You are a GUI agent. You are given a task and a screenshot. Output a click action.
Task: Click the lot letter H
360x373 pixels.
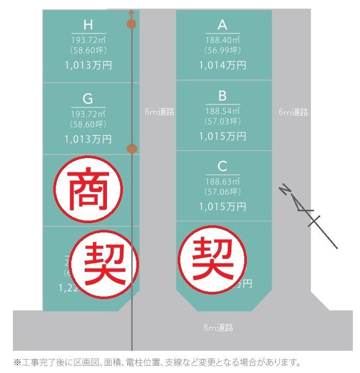[88, 24]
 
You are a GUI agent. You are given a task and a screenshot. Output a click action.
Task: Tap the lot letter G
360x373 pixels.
[88, 99]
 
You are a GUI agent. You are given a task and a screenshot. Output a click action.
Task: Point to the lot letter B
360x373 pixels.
[223, 96]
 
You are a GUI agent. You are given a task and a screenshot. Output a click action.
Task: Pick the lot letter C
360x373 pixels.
[223, 166]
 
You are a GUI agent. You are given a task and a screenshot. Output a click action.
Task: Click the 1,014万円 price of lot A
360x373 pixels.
[223, 66]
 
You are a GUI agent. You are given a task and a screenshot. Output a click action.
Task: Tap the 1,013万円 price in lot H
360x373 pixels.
[88, 66]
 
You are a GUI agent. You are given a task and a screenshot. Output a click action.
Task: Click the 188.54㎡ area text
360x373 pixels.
[223, 111]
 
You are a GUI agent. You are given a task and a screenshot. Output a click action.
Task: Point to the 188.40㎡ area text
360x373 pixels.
[223, 40]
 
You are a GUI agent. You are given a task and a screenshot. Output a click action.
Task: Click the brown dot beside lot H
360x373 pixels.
[131, 24]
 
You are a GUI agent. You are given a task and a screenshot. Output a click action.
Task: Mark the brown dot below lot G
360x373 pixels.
[132, 149]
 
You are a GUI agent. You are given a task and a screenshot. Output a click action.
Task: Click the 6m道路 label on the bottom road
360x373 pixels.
[218, 328]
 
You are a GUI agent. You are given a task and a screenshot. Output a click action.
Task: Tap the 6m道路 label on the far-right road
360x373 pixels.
[293, 112]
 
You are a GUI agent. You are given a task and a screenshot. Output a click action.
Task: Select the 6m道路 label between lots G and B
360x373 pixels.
[160, 112]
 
